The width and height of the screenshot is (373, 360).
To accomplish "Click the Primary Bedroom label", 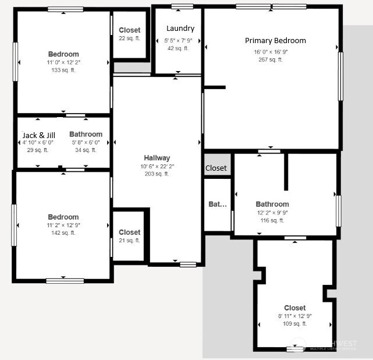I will click(275, 41).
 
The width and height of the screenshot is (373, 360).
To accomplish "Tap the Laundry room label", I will click(180, 29).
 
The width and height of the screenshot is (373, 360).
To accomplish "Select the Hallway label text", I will click(157, 158).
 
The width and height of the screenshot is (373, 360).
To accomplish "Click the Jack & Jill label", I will click(38, 135).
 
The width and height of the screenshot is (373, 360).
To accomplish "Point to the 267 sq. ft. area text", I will click(271, 59).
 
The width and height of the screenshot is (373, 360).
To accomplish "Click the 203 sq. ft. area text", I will click(157, 174).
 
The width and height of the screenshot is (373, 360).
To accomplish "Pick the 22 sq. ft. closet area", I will click(130, 38).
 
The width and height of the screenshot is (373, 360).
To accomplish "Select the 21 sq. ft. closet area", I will click(129, 240).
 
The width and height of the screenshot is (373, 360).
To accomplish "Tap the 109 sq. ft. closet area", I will click(294, 323).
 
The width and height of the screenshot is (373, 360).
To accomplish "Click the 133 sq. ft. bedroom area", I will click(63, 70).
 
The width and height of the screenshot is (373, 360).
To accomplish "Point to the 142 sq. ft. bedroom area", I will click(63, 232).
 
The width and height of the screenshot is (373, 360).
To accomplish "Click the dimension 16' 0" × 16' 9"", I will click(271, 52).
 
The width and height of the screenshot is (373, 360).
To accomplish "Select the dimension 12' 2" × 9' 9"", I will click(272, 213).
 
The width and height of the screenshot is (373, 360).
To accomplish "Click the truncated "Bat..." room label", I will click(217, 204).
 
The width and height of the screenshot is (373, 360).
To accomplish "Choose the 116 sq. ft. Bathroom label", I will click(272, 204).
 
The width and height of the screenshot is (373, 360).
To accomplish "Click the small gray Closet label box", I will click(216, 168).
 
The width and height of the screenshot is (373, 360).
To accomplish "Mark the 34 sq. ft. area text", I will click(86, 150).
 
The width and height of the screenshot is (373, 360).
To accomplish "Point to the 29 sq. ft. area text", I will click(38, 150).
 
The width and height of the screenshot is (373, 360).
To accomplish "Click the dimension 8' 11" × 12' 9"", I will click(295, 316).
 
